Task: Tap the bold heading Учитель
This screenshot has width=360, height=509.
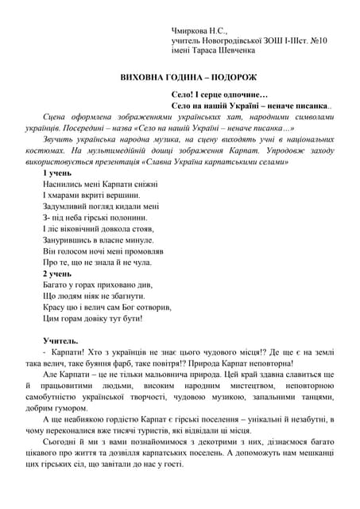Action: pyautogui.click(x=60, y=340)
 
